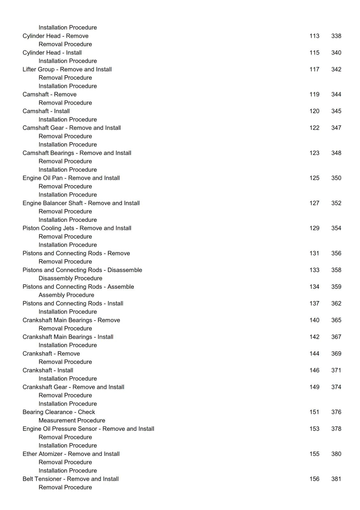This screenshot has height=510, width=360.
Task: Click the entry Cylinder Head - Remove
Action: coord(55,36)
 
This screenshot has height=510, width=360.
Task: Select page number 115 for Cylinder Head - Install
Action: coord(314,53)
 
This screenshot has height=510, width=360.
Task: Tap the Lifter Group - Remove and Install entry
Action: coord(67,69)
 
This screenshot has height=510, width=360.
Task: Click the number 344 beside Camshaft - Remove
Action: coord(336,94)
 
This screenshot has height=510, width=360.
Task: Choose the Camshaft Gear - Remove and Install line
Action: coord(72,128)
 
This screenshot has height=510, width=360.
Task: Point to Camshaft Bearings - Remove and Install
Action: coord(77,153)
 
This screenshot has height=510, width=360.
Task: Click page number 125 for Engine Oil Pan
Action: coord(314,178)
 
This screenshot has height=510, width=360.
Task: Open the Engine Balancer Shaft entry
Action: coord(81,203)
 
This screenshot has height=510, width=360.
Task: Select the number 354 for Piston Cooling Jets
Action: coord(336,228)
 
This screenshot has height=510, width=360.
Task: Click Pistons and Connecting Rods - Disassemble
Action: coord(82,270)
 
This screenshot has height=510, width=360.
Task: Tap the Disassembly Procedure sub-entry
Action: coord(70,278)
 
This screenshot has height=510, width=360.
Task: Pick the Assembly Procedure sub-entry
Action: coord(66,295)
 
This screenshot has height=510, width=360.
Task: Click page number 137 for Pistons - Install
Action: coord(314,303)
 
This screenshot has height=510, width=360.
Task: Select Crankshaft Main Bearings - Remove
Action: coord(71,320)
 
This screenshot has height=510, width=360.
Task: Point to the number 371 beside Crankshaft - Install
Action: coord(336,370)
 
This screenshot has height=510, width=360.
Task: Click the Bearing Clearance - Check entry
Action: coord(59,412)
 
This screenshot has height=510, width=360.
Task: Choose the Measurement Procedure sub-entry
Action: coord(72,420)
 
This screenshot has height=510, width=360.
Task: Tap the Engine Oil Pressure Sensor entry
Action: coord(88,429)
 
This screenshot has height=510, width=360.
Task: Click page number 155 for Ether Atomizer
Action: coord(314,454)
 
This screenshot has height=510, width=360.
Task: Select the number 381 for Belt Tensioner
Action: coord(336,479)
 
